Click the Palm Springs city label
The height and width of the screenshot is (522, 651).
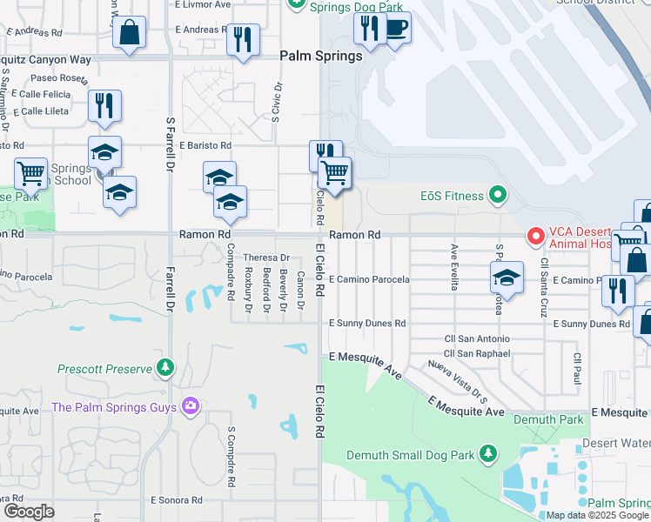tap(320, 56)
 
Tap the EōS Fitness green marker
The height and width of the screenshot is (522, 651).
tap(497, 196)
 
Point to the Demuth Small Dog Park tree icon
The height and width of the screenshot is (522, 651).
tap(488, 454)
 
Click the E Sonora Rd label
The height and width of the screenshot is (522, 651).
tap(176, 500)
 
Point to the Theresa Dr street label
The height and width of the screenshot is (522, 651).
tap(265, 258)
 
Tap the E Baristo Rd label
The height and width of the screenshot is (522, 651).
tap(205, 145)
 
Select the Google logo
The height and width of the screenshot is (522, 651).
tap(28, 512)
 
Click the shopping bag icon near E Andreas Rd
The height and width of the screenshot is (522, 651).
tap(129, 34)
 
